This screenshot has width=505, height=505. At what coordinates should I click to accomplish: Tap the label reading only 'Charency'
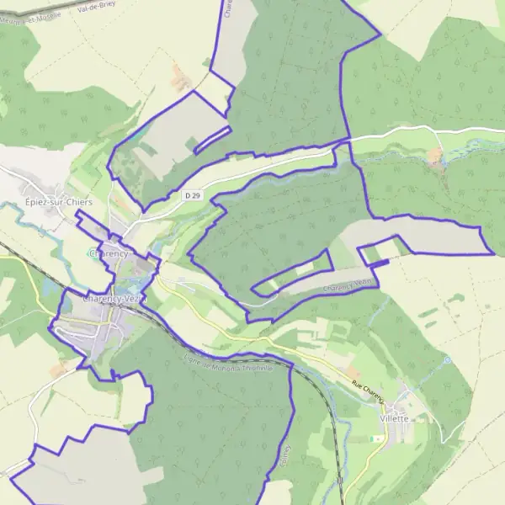tap(110, 252)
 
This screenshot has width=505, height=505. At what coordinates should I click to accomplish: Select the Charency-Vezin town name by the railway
tap(114, 298)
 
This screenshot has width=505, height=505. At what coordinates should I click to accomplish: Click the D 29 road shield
tap(192, 195)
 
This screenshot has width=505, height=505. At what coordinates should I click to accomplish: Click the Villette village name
tap(394, 418)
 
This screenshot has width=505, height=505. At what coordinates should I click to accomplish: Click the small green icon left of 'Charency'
tap(91, 252)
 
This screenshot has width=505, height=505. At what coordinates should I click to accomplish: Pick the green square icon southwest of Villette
tap(378, 439)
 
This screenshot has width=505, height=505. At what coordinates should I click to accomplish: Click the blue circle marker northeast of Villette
tap(447, 360)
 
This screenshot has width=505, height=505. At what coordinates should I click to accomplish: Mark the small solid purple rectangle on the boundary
tap(380, 264)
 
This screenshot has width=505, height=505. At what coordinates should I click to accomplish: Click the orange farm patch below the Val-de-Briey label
tap(179, 79)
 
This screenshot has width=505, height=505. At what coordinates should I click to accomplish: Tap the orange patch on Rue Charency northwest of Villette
tap(351, 371)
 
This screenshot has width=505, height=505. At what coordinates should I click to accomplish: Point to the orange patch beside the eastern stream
tap(435, 157)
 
